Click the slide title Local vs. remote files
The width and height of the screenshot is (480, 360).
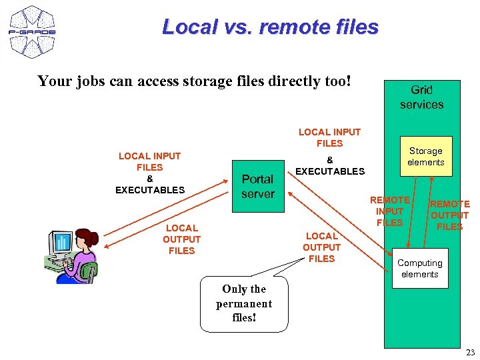(x=270, y=27)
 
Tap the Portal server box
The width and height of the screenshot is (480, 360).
(x=257, y=187)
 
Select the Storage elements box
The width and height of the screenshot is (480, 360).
(x=425, y=157)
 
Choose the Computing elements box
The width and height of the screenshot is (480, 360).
(x=419, y=269)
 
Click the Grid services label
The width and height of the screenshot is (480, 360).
(x=421, y=97)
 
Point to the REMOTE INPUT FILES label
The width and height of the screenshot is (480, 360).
(x=390, y=211)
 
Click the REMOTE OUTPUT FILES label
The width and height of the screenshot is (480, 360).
(x=449, y=215)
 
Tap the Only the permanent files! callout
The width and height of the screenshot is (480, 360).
(x=244, y=303)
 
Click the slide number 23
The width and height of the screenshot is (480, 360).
(x=470, y=352)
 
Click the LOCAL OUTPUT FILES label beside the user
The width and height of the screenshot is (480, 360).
(x=181, y=239)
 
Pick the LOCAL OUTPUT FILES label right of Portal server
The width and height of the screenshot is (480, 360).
(x=321, y=247)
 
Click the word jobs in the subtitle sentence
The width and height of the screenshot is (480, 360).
(x=85, y=82)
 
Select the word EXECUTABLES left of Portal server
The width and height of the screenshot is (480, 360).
(x=150, y=190)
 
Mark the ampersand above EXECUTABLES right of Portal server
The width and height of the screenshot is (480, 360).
(x=329, y=160)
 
